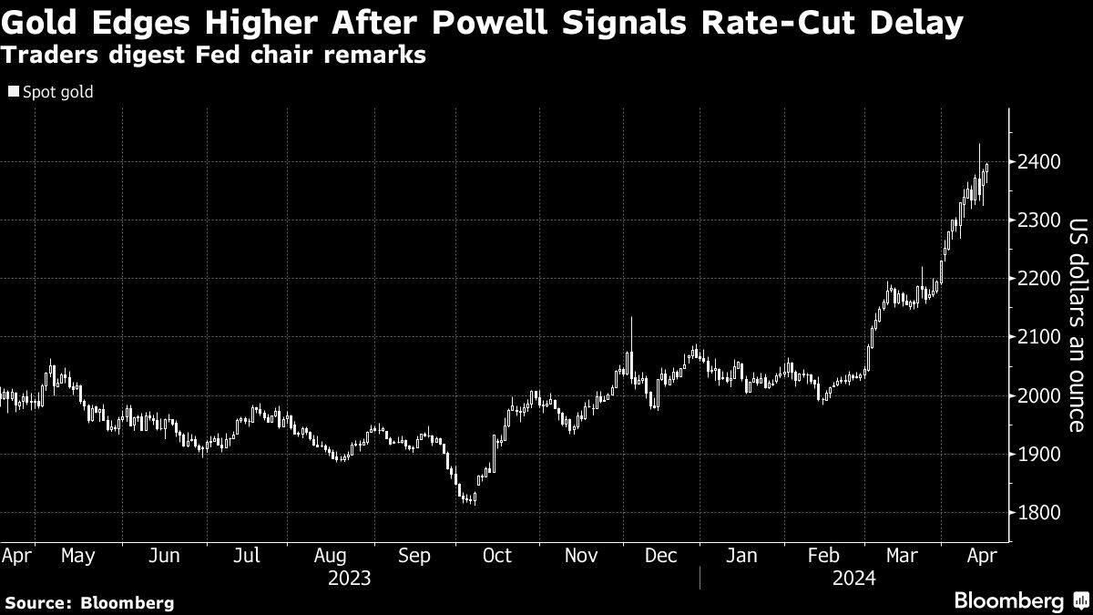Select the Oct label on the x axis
coord(497,555)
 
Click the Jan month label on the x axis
coord(741,555)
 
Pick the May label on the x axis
coord(77,555)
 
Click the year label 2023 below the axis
coord(351,578)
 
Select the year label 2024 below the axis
coord(853,578)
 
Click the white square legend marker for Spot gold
coord(14,92)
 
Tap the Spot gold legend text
coord(58,92)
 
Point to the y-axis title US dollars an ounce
coord(1078,324)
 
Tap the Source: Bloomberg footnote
coord(89,602)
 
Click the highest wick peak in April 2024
coord(979,146)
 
